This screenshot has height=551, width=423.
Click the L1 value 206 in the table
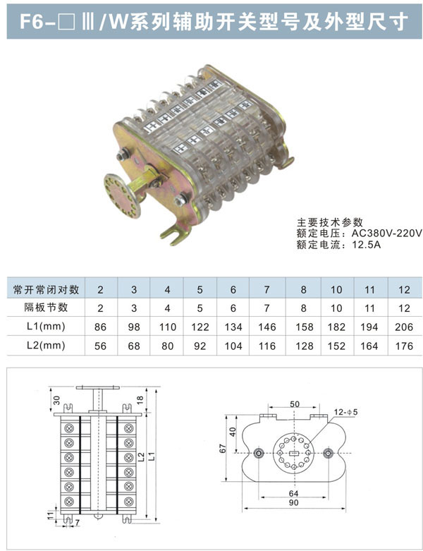pyautogui.click(x=404, y=327)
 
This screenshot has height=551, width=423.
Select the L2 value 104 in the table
pyautogui.click(x=233, y=346)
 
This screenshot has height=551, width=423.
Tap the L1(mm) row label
pyautogui.click(x=46, y=327)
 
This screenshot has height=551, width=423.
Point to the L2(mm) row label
pyautogui.click(x=46, y=346)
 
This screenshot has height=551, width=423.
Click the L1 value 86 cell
pyautogui.click(x=100, y=327)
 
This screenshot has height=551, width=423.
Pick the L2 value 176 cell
pyautogui.click(x=405, y=346)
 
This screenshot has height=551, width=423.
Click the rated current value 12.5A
pyautogui.click(x=366, y=245)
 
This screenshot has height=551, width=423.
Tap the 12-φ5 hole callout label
pyautogui.click(x=345, y=412)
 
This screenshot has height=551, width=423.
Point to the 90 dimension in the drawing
pyautogui.click(x=294, y=502)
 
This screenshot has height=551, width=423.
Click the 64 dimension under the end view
pyautogui.click(x=294, y=493)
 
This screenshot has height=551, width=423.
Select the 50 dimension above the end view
pyautogui.click(x=295, y=404)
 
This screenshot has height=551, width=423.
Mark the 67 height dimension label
pyautogui.click(x=223, y=449)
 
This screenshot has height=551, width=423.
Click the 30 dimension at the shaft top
pyautogui.click(x=57, y=400)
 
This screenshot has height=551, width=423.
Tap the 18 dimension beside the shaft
pyautogui.click(x=140, y=400)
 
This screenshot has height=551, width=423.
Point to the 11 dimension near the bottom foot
pyautogui.click(x=51, y=516)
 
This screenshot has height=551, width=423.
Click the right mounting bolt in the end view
pyautogui.click(x=328, y=454)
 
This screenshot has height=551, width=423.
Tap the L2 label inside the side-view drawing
pyautogui.click(x=141, y=457)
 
